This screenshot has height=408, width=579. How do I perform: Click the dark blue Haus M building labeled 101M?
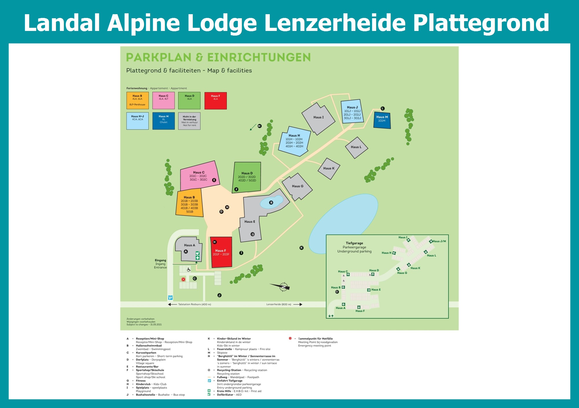click(382, 120)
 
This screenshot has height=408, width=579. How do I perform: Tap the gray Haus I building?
click(318, 118)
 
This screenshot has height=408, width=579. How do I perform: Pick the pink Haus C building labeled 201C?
click(199, 175)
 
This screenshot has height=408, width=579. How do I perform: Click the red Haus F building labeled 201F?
click(221, 253)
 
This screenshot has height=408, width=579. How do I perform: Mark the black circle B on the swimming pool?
click(271, 203)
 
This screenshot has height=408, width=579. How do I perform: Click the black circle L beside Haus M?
click(383, 109)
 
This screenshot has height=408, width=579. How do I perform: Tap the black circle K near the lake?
click(301, 248)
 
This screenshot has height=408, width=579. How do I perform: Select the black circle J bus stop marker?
click(219, 295)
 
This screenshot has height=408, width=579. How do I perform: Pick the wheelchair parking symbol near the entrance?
click(188, 270)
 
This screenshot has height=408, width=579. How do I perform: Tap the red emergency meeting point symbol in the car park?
click(183, 279)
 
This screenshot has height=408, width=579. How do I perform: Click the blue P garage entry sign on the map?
click(171, 297)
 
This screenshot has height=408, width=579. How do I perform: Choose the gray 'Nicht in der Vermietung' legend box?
click(189, 121)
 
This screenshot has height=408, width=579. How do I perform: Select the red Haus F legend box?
click(215, 101)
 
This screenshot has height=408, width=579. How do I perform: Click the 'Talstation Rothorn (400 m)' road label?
click(195, 304)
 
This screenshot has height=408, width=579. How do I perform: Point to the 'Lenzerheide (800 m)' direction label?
click(279, 304)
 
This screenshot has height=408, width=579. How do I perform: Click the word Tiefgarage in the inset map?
click(354, 243)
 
